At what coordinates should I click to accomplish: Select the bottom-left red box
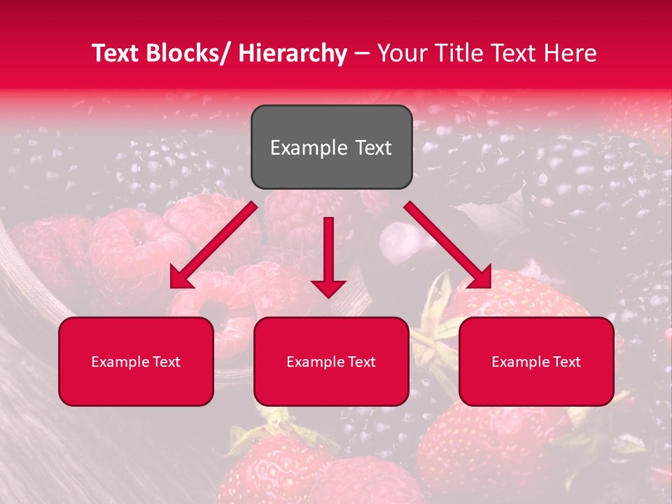click(136, 361)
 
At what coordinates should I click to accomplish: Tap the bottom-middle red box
click(331, 361)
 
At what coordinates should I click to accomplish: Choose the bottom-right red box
click(536, 361)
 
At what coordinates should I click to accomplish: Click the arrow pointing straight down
click(328, 256)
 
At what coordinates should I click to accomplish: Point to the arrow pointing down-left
click(213, 245)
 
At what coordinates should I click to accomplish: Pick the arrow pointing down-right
click(448, 245)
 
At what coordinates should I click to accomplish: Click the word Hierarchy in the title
click(293, 53)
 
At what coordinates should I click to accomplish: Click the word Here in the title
click(568, 53)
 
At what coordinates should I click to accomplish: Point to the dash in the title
click(362, 53)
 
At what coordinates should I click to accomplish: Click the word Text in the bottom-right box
click(566, 362)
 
